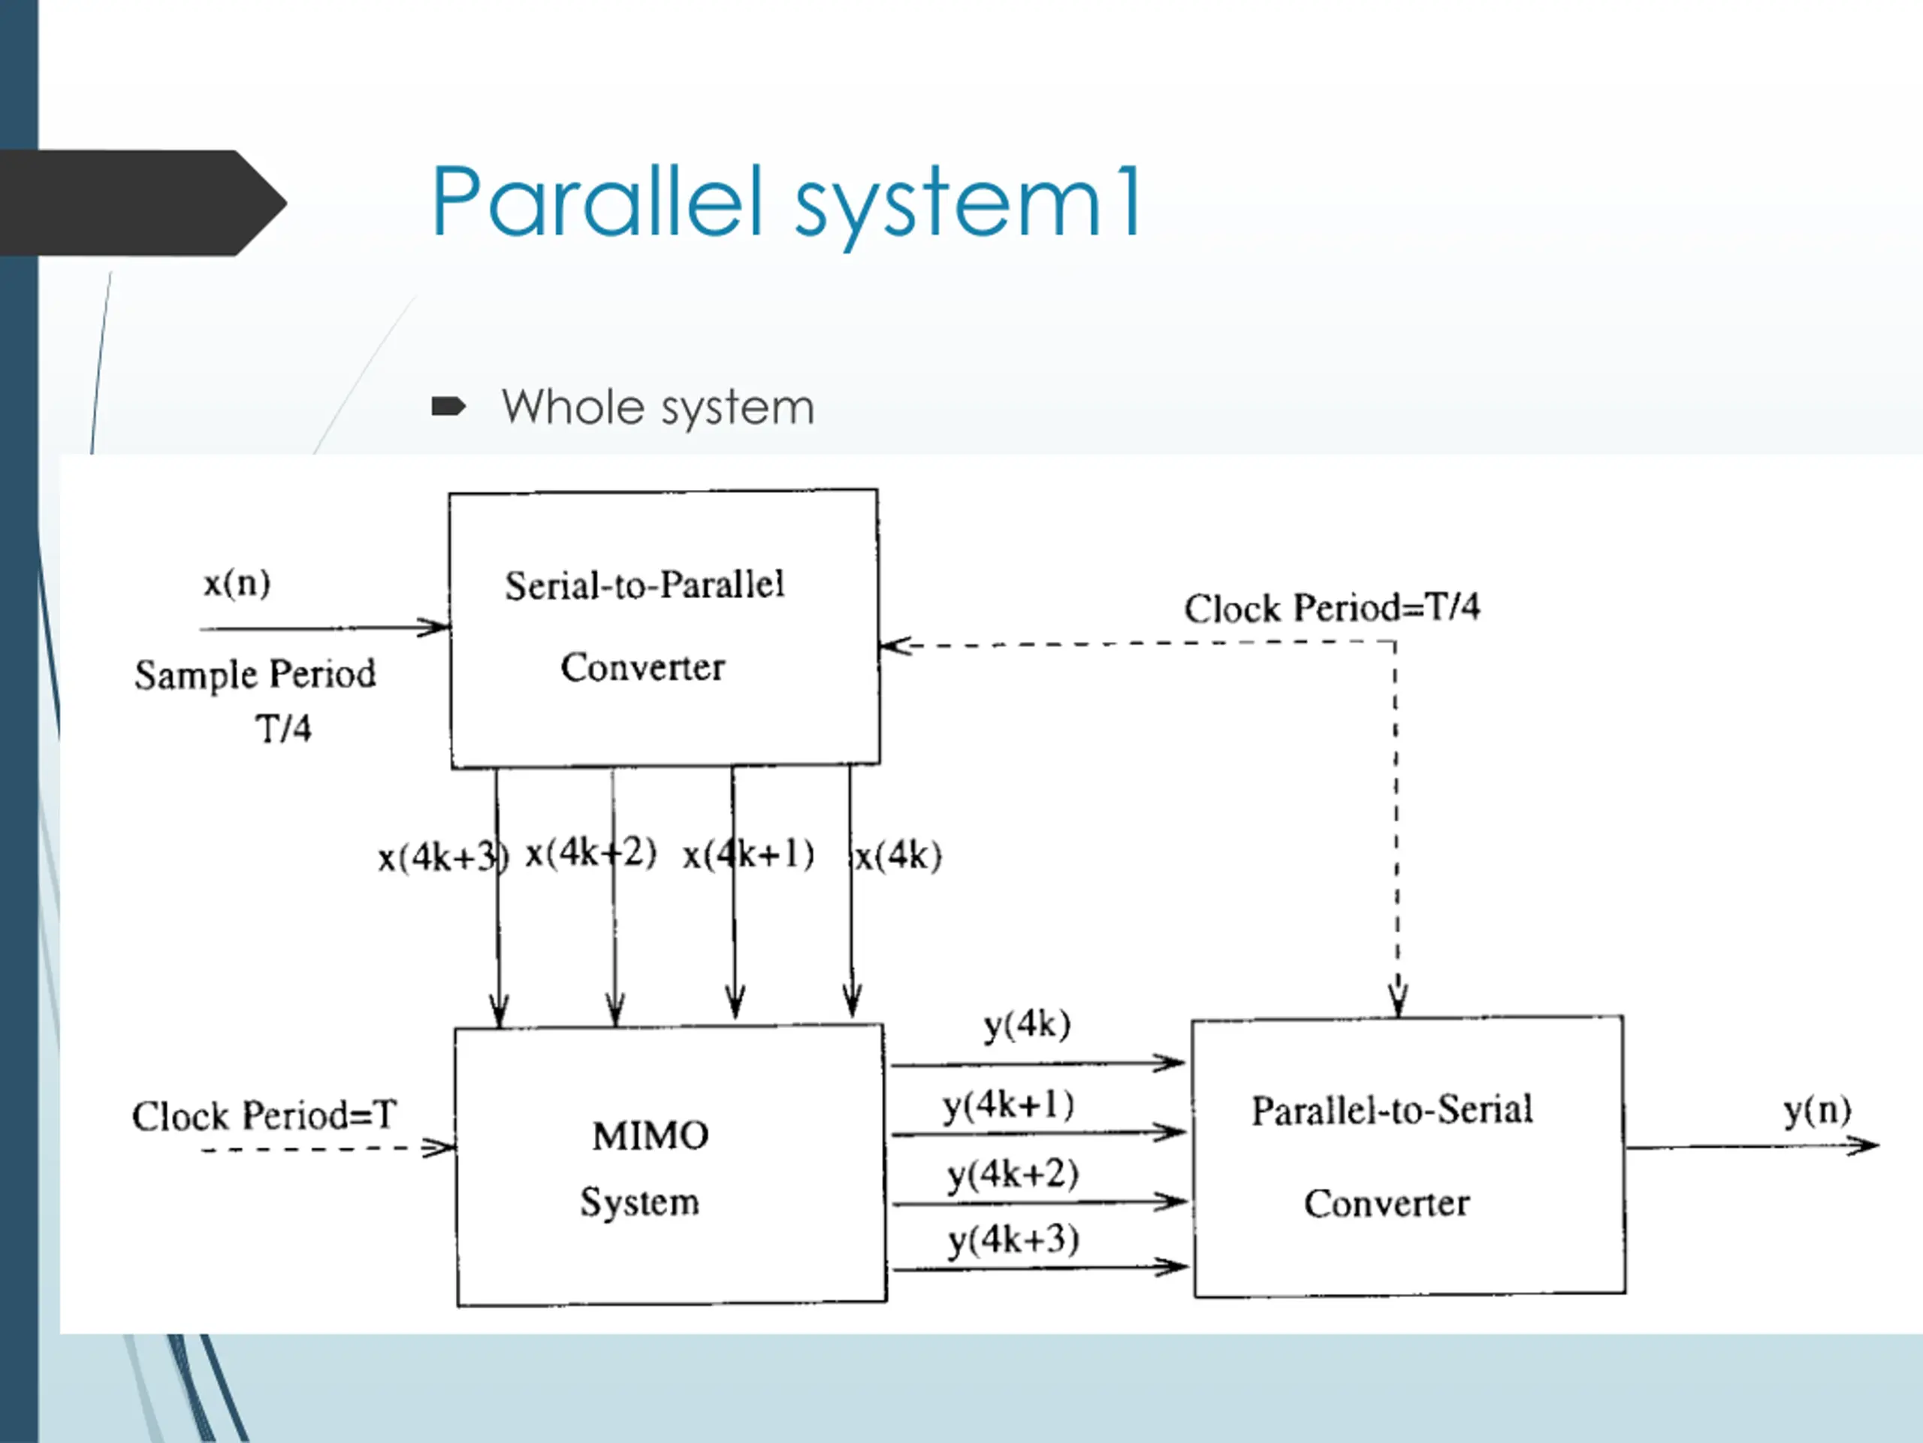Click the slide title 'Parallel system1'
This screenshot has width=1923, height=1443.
click(786, 203)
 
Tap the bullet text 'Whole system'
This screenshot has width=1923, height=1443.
click(658, 407)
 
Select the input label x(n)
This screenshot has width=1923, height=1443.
click(237, 582)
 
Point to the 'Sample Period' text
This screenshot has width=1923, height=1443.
click(255, 674)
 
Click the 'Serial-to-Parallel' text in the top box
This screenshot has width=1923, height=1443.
click(645, 585)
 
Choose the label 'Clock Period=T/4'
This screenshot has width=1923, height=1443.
click(1332, 607)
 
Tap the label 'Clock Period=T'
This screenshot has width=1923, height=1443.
click(264, 1115)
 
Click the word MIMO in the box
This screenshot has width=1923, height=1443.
click(651, 1136)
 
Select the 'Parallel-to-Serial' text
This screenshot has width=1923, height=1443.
click(1392, 1110)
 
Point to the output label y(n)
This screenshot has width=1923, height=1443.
click(1817, 1111)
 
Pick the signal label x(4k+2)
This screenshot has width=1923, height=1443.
click(591, 852)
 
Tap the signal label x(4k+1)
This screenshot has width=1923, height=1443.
click(748, 854)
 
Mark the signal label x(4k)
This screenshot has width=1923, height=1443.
click(898, 856)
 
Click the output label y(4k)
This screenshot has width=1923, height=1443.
click(1027, 1025)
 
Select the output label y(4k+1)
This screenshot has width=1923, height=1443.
click(1008, 1106)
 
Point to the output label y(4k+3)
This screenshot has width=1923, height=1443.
click(1013, 1240)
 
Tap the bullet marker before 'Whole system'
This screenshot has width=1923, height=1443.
click(448, 406)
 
